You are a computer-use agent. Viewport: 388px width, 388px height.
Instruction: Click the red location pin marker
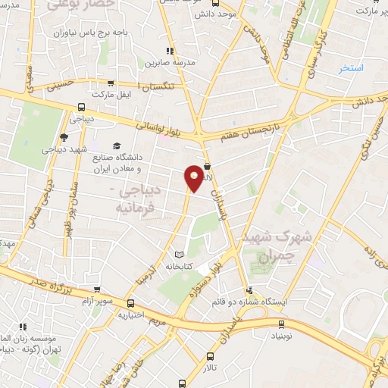click(x=195, y=178)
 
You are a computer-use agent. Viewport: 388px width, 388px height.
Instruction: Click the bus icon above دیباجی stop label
click(x=81, y=108)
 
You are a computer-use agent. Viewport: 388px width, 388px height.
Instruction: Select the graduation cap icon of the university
click(x=116, y=146)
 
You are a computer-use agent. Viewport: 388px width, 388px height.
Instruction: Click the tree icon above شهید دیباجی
click(x=63, y=137)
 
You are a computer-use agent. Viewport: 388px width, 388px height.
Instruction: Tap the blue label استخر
click(x=351, y=68)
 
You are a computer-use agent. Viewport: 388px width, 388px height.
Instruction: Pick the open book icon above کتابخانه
click(x=178, y=255)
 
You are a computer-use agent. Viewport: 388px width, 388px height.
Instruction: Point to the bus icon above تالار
click(x=210, y=355)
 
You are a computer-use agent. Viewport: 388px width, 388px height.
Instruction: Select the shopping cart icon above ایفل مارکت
click(x=111, y=84)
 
